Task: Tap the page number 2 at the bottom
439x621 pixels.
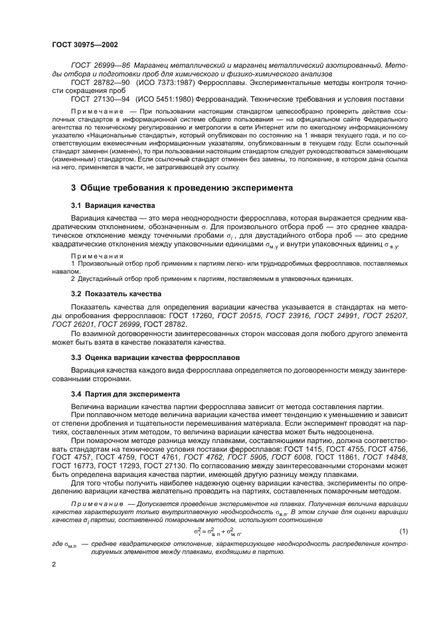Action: (x=54, y=565)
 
